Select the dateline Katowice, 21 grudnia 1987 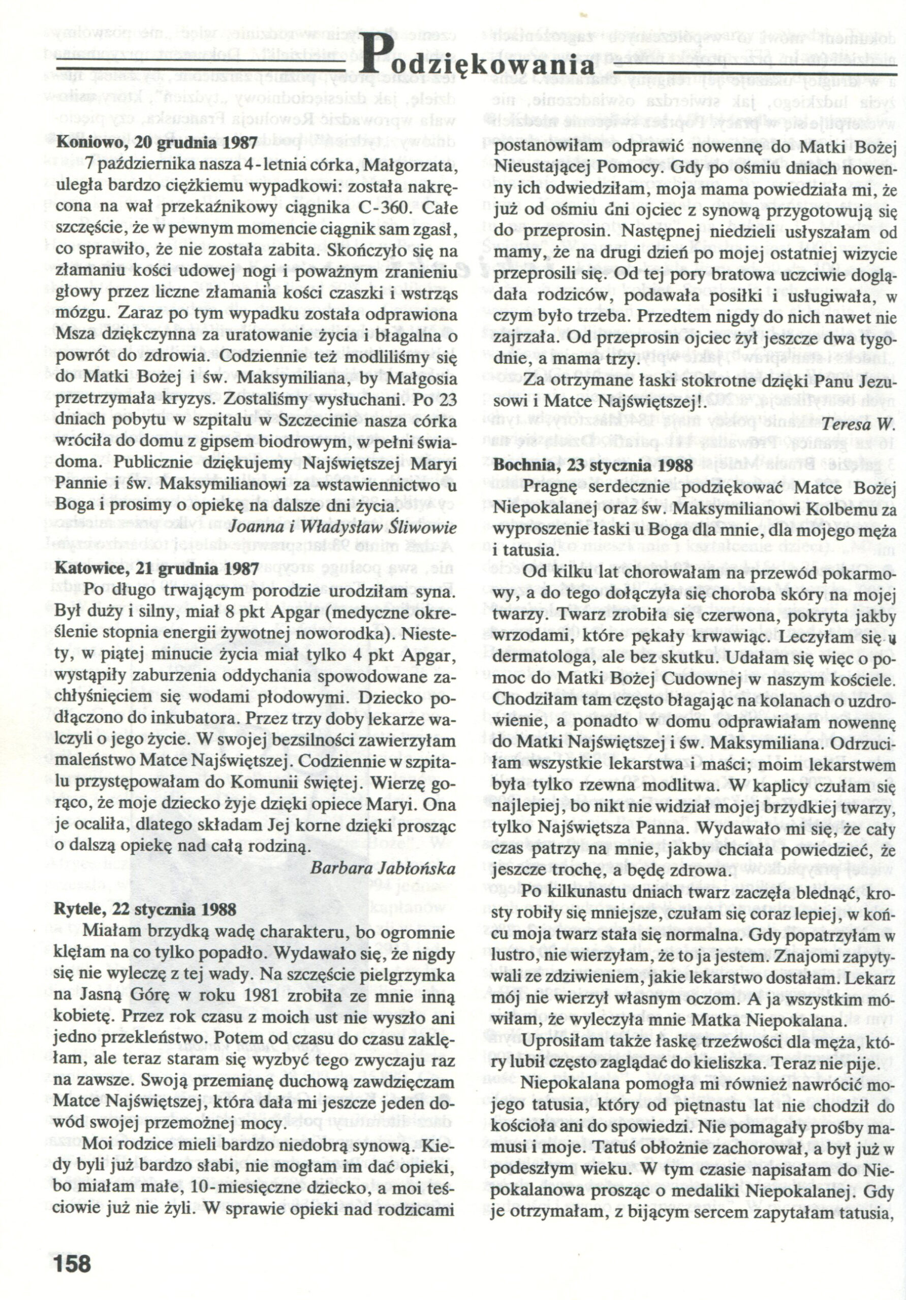point(157,568)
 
